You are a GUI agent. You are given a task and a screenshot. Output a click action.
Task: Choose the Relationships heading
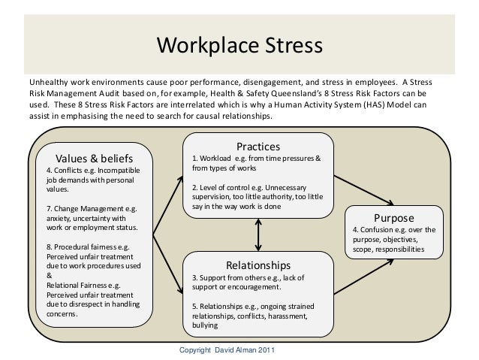pos(258,265)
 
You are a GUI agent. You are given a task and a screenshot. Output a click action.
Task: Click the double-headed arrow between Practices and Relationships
pos(258,234)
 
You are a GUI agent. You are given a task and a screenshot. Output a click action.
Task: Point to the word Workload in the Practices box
pos(218,159)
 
